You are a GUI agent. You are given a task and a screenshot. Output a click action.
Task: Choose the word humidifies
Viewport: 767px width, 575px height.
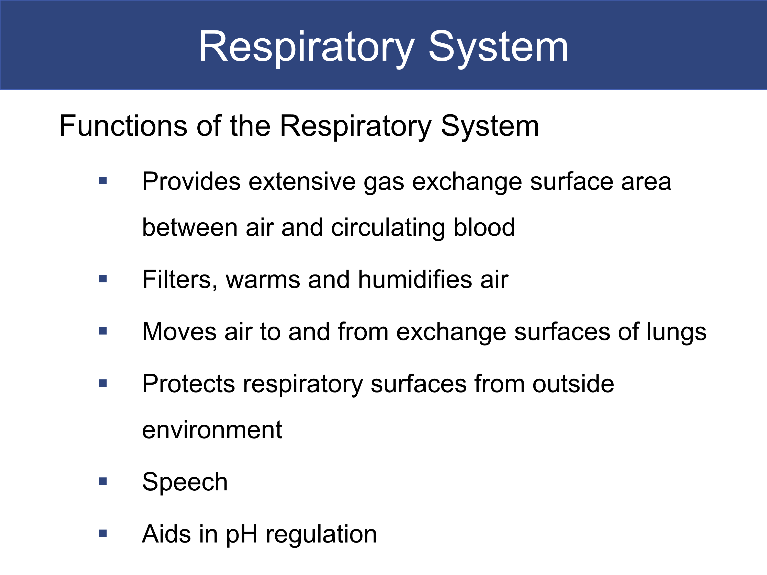click(415, 279)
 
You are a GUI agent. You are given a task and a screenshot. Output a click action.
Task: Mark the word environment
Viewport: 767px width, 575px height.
click(212, 430)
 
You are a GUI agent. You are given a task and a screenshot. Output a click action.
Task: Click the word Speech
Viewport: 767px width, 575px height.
click(185, 482)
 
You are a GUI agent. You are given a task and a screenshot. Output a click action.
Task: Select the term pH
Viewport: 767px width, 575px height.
click(242, 534)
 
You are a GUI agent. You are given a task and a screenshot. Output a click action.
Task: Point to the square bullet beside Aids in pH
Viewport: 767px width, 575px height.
click(103, 533)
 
